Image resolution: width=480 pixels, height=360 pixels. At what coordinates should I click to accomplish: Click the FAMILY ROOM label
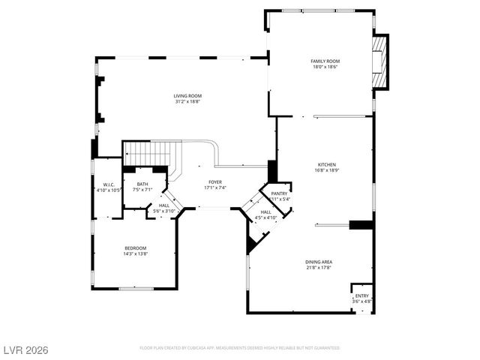pyautogui.click(x=325, y=61)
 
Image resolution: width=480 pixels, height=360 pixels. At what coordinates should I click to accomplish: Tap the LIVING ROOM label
pyautogui.click(x=187, y=96)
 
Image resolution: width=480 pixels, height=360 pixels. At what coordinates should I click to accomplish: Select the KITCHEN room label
pyautogui.click(x=326, y=164)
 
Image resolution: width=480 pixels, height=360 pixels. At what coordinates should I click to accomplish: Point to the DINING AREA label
pyautogui.click(x=319, y=262)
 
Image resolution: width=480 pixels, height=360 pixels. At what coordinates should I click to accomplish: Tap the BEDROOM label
pyautogui.click(x=136, y=248)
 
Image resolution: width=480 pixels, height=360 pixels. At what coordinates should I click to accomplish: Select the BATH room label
pyautogui.click(x=142, y=184)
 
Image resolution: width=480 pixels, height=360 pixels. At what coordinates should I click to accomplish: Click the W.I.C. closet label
pyautogui.click(x=108, y=184)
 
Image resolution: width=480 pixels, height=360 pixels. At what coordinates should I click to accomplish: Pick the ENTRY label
pyautogui.click(x=362, y=295)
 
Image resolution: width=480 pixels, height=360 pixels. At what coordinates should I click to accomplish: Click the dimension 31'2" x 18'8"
pyautogui.click(x=187, y=102)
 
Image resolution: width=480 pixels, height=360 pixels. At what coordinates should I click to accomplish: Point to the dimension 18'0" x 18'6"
pyautogui.click(x=325, y=67)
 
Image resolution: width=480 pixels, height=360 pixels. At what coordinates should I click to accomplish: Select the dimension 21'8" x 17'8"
pyautogui.click(x=319, y=268)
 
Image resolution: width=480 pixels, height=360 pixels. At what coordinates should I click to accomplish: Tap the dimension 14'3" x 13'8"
pyautogui.click(x=136, y=254)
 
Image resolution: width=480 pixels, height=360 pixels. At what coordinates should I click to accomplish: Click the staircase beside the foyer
pyautogui.click(x=148, y=154)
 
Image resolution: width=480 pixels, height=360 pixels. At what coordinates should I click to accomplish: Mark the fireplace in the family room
pyautogui.click(x=381, y=61)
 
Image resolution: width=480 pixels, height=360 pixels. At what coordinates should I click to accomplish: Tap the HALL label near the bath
pyautogui.click(x=164, y=206)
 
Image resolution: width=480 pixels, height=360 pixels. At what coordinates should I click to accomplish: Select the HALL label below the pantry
pyautogui.click(x=266, y=212)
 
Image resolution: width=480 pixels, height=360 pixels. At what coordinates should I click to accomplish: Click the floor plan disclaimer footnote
pyautogui.click(x=240, y=348)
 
